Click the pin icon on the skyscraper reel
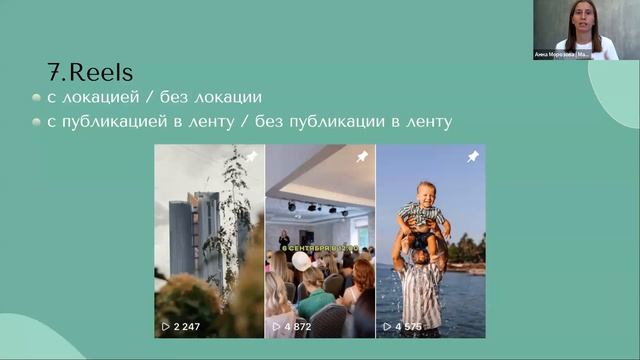click(x=251, y=157)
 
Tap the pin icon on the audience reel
click(x=362, y=157)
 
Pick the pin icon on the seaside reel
click(x=473, y=157)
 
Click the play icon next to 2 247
click(x=166, y=326)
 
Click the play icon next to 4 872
click(x=276, y=326)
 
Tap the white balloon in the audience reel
click(x=300, y=261)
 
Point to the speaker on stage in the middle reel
click(x=284, y=240)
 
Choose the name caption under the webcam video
click(x=564, y=54)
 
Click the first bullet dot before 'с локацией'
click(x=37, y=98)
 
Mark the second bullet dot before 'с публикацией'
click(x=37, y=123)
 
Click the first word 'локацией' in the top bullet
click(x=96, y=98)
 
